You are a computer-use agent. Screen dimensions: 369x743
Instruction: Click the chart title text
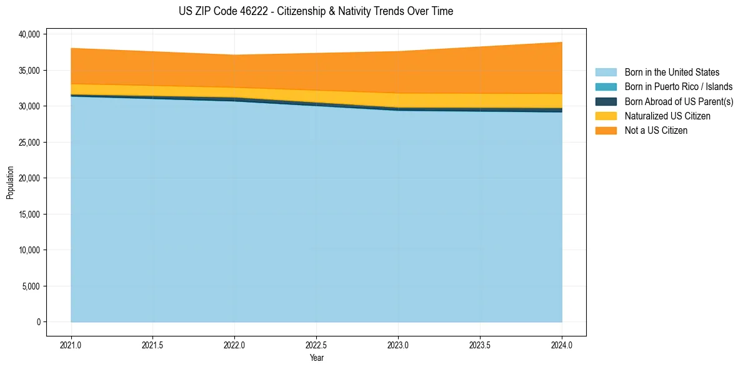316,11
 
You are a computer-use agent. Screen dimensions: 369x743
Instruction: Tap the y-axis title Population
10,183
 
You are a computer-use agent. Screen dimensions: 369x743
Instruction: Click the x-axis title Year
316,358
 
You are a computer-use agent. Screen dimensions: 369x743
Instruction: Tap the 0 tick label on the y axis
38,322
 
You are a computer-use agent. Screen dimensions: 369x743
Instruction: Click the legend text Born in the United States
672,73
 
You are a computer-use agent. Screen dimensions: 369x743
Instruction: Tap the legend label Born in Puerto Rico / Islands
679,87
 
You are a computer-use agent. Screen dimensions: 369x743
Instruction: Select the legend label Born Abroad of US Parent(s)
679,101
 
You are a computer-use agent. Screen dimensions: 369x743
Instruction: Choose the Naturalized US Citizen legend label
667,116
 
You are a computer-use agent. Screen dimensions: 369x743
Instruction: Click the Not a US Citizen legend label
656,131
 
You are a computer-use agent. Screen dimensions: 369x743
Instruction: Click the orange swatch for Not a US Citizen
606,131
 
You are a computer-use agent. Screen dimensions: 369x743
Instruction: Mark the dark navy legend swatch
606,101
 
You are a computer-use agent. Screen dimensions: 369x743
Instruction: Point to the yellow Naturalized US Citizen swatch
606,116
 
